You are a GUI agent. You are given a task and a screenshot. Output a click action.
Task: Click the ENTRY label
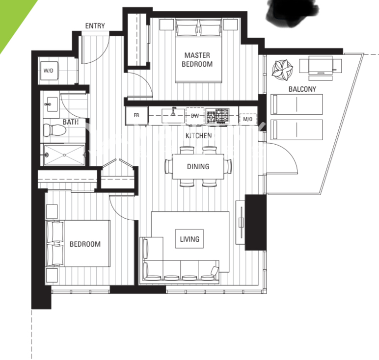tap(95, 26)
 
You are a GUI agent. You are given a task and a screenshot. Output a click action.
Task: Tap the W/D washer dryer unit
tap(49, 71)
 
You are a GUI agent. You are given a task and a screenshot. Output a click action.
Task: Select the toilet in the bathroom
tap(54, 130)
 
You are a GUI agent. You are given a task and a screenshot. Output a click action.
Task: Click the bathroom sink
tap(52, 104)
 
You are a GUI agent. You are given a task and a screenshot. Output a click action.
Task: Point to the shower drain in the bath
tap(64, 155)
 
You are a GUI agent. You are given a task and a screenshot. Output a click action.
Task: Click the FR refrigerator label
tap(136, 115)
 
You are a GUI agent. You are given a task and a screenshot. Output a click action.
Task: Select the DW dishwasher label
tap(195, 116)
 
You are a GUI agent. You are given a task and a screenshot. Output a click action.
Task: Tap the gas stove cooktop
tap(217, 116)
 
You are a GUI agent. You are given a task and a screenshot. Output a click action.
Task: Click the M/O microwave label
tap(247, 119)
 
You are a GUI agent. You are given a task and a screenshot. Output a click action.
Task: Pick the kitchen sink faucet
tap(173, 111)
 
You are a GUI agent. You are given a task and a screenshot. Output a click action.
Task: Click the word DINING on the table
tap(198, 167)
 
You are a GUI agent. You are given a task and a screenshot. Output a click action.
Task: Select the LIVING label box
tap(189, 239)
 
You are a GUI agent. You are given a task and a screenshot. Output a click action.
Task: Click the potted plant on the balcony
tap(282, 70)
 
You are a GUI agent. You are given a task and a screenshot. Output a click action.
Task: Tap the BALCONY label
tap(302, 89)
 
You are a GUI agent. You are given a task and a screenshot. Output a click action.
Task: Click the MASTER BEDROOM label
tap(197, 60)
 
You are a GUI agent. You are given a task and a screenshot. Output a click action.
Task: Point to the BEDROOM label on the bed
tap(85, 244)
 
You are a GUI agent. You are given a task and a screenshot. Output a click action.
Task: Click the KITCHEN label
tap(198, 136)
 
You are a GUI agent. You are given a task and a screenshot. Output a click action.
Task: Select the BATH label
tap(71, 122)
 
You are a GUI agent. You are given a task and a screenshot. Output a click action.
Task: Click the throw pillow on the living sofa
tap(215, 271)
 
